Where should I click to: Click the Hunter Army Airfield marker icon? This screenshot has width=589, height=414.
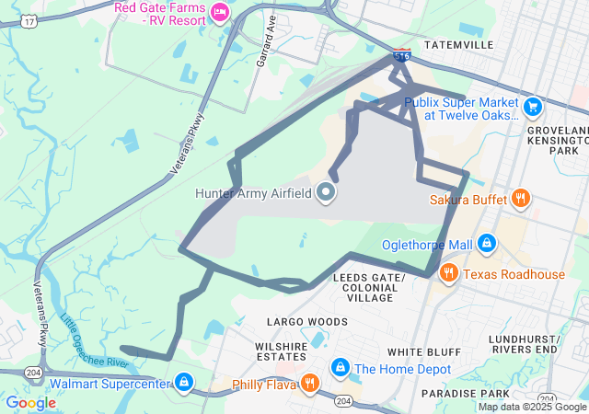325,193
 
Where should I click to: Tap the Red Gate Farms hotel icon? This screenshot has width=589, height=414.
219,12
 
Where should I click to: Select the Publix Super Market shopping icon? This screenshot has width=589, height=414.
533,108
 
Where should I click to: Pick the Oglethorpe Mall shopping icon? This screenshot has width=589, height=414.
487,244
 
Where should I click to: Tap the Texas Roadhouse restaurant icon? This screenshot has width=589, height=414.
449,273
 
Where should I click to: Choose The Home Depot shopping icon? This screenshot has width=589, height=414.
341,369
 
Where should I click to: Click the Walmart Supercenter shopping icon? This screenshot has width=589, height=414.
184,382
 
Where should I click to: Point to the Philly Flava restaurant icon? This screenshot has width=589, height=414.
310,383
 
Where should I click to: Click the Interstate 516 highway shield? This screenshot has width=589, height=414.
401,56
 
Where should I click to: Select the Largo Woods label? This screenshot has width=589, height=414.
307,322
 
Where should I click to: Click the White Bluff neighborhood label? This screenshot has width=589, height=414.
424,352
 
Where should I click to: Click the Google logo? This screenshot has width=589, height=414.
31,403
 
